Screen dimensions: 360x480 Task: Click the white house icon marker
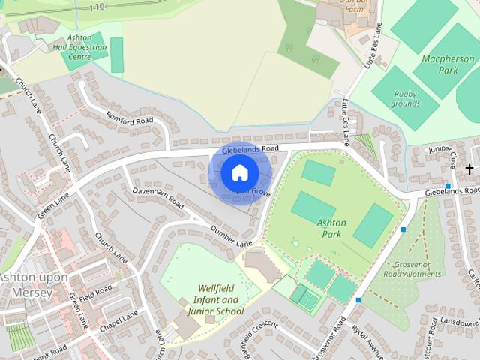pyautogui.click(x=239, y=173)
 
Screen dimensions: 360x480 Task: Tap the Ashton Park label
pyautogui.click(x=331, y=229)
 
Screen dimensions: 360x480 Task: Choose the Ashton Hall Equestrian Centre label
pyautogui.click(x=86, y=46)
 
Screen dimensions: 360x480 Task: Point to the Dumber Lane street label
pyautogui.click(x=231, y=236)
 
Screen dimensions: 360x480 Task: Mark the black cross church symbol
pyautogui.click(x=469, y=169)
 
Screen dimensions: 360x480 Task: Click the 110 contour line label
pyautogui.click(x=95, y=7)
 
